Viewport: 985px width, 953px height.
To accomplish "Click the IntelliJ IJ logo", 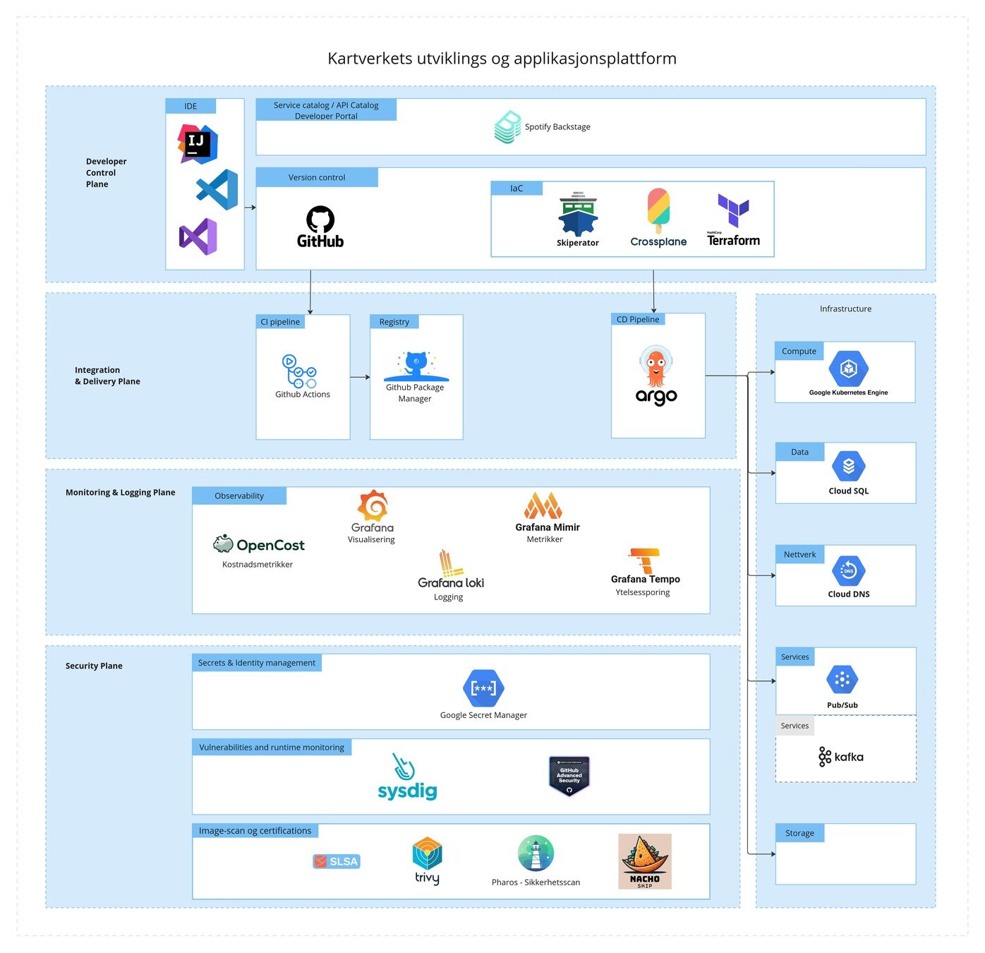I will point(197,144).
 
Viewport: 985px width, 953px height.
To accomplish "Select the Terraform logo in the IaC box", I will point(733,210).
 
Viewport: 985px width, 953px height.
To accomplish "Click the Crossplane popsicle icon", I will point(658,210).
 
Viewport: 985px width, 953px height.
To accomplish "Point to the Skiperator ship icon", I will point(578,215).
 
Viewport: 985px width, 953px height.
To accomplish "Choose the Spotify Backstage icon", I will point(508,127).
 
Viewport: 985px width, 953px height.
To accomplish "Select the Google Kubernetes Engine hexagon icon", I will point(848,368).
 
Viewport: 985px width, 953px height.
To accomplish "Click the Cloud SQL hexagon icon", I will point(848,467).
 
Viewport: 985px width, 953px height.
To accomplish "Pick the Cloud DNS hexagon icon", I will point(848,571).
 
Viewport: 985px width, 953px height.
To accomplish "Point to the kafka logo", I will point(841,757).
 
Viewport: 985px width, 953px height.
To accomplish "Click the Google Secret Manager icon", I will point(483,688).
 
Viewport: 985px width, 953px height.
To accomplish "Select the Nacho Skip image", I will point(645,861).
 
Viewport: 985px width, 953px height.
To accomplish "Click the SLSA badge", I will point(337,861).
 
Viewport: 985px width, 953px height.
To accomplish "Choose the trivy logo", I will point(427,860).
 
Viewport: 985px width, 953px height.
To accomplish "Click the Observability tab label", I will point(239,496).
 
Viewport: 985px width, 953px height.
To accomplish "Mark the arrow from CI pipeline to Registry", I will point(360,377).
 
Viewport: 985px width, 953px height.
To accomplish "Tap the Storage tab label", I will point(799,833).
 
